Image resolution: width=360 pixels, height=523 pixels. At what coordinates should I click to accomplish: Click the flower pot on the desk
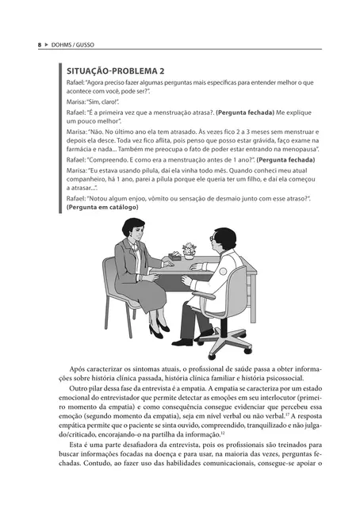(189, 250)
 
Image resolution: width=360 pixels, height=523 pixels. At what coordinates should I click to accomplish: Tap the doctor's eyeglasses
(215, 239)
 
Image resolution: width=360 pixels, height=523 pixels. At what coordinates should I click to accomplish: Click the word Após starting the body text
(79, 370)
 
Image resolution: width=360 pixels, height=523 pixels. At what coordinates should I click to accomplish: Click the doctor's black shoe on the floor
(181, 342)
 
